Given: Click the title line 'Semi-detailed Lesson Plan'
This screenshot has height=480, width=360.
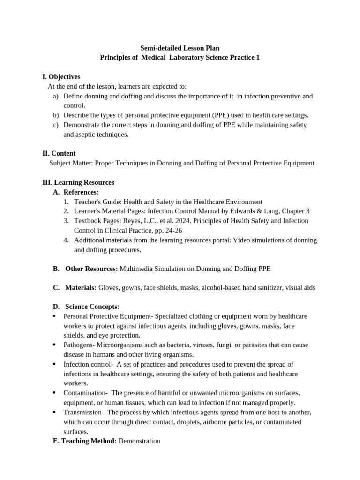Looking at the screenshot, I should click(x=180, y=48).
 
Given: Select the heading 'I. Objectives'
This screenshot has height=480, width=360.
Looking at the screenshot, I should click(x=61, y=76).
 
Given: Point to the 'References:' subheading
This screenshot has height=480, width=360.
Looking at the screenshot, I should click(x=81, y=192).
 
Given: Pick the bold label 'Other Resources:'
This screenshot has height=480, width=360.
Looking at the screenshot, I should click(x=91, y=269).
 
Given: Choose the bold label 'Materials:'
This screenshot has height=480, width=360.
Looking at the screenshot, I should click(x=81, y=288).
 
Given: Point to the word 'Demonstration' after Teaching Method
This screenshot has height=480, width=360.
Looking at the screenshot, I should click(x=139, y=441).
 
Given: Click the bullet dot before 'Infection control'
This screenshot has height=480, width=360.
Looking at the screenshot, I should click(x=54, y=364).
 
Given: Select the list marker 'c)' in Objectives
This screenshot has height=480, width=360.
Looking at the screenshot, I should click(x=55, y=125).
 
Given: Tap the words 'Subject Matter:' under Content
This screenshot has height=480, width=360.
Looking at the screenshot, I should click(x=70, y=163).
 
